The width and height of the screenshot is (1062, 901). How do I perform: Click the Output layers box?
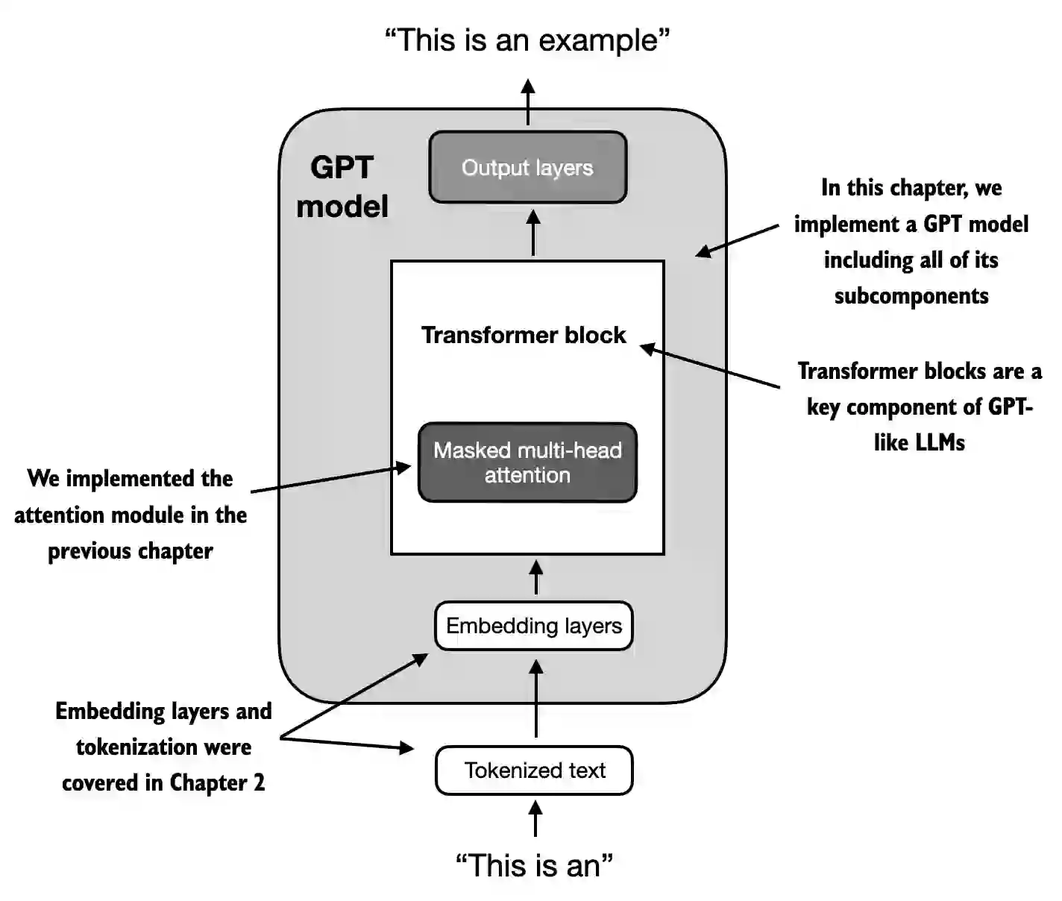click(x=527, y=167)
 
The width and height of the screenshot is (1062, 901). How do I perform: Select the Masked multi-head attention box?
click(x=527, y=462)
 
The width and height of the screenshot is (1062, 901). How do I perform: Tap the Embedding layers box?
click(x=533, y=626)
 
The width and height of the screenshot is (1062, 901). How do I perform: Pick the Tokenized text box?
click(x=534, y=770)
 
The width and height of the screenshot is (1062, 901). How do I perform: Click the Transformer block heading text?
click(x=524, y=335)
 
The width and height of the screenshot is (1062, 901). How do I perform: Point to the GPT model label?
click(x=342, y=186)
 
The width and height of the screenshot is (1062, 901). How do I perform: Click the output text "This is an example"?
click(x=527, y=40)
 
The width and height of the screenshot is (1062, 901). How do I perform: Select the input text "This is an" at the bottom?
click(x=534, y=865)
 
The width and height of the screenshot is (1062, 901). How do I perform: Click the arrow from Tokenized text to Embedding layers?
click(x=535, y=697)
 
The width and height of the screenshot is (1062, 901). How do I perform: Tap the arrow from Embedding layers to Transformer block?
click(x=535, y=578)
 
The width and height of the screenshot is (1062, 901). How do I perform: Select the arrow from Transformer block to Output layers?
click(x=532, y=233)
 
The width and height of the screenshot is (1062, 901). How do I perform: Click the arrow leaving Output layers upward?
click(x=528, y=102)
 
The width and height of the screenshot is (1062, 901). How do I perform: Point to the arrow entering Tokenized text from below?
click(x=535, y=818)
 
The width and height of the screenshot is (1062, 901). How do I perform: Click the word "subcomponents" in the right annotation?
click(x=911, y=296)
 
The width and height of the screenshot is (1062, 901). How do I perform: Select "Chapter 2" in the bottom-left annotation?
click(x=217, y=782)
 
